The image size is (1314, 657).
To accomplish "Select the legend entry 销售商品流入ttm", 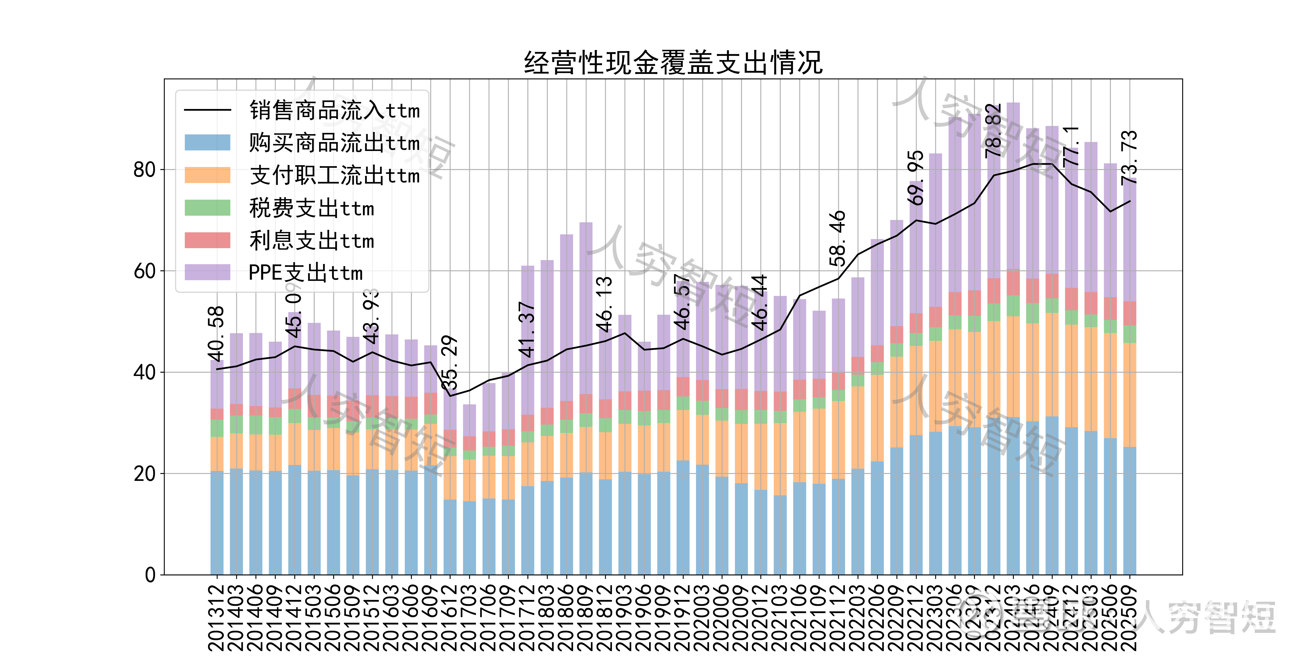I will [x=334, y=110].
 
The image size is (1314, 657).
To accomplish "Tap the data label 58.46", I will [x=838, y=238].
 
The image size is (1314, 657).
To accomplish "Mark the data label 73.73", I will [x=1129, y=158].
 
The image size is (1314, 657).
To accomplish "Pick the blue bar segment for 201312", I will [x=217, y=523].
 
